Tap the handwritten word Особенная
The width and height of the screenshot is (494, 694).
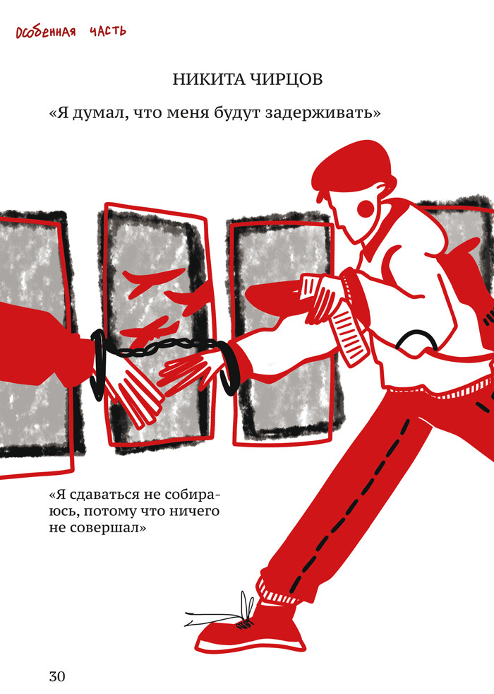(x=46, y=33)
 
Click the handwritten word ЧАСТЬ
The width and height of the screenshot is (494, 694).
(x=108, y=31)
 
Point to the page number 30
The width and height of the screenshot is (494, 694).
(x=57, y=676)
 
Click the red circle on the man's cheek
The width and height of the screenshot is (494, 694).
(x=368, y=208)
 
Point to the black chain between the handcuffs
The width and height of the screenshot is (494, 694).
(x=162, y=348)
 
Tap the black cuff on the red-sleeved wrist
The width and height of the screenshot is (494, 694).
(x=99, y=364)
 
